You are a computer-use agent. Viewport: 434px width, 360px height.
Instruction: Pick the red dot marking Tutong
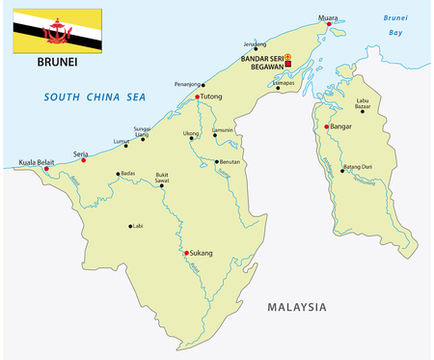click(198, 97)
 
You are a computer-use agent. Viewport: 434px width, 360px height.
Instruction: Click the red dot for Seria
click(84, 160)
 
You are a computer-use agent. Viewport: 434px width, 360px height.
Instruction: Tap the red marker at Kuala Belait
click(46, 169)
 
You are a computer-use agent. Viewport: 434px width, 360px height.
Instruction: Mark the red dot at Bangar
click(329, 126)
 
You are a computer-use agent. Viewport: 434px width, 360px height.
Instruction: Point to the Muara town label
click(329, 14)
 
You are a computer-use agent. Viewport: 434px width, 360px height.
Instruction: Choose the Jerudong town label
click(254, 44)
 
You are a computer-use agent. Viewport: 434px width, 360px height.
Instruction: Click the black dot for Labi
click(130, 227)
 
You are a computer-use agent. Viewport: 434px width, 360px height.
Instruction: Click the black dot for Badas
click(118, 175)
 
